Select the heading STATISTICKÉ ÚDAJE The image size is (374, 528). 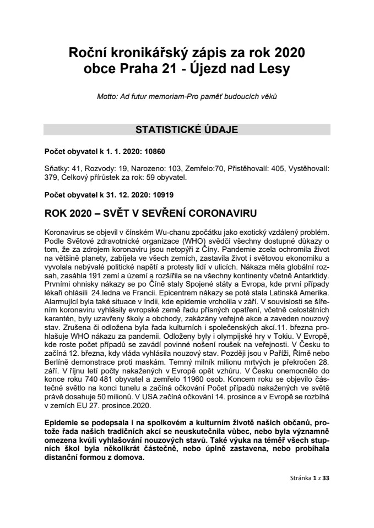tap(187, 130)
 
